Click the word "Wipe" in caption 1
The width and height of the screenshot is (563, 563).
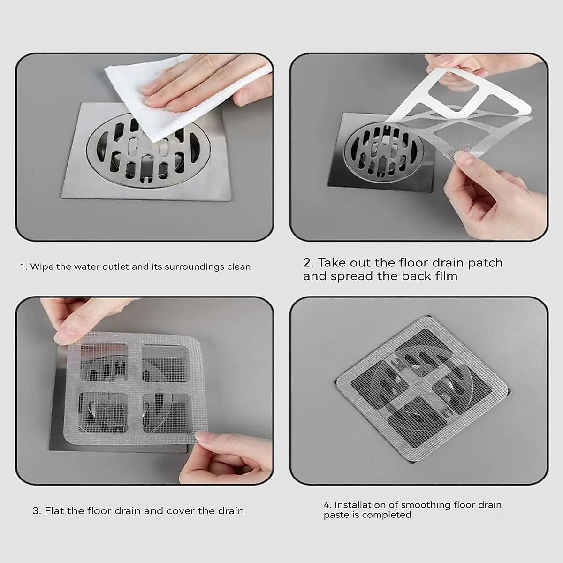click(42, 267)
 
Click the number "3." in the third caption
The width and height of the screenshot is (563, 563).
click(37, 510)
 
